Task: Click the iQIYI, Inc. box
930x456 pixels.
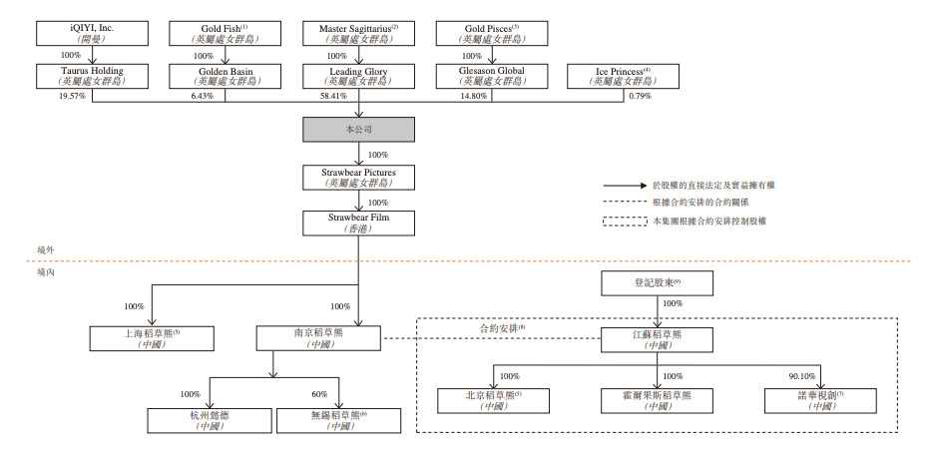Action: click(92, 32)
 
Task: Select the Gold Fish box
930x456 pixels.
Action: click(225, 32)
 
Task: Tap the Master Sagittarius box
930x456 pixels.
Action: click(358, 32)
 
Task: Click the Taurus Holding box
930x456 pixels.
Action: click(92, 77)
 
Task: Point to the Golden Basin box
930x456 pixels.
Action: click(225, 77)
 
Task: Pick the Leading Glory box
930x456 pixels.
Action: click(358, 77)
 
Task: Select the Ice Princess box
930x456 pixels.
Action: click(624, 77)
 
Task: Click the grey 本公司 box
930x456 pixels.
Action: click(358, 129)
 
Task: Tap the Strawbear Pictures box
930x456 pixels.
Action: click(358, 178)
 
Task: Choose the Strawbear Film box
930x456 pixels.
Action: click(358, 222)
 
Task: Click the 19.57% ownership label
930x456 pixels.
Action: click(73, 97)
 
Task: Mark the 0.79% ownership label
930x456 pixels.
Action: click(640, 97)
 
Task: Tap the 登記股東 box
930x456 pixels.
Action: click(657, 282)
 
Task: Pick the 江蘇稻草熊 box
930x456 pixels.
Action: click(657, 339)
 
